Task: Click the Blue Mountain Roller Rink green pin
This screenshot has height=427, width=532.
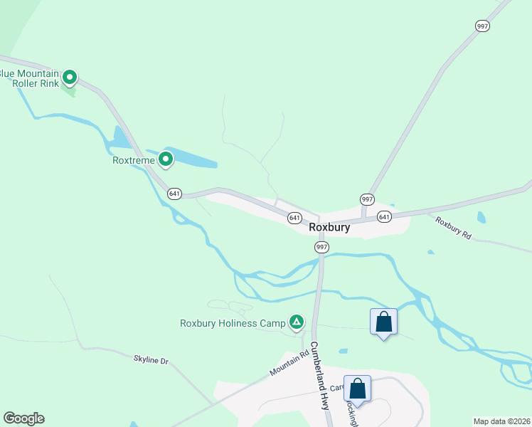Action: [x=70, y=76]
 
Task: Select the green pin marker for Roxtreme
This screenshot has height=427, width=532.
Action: [x=166, y=159]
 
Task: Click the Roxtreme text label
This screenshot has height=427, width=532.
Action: [x=134, y=160]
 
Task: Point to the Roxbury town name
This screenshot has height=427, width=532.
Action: [x=329, y=228]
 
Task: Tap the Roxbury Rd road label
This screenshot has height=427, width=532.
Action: [x=454, y=228]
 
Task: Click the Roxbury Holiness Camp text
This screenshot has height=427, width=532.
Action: [x=232, y=323]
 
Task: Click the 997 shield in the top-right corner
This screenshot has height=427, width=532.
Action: [x=482, y=26]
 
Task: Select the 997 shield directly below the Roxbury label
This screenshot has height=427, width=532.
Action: [x=321, y=246]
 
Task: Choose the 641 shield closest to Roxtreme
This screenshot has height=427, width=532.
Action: [x=175, y=193]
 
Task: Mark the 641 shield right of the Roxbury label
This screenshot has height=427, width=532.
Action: [x=384, y=216]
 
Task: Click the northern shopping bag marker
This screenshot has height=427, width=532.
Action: [x=384, y=322]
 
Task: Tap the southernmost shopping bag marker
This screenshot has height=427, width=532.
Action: [x=357, y=389]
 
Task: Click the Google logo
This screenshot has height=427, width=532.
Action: [x=23, y=418]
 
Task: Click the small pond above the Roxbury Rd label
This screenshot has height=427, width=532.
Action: [x=482, y=217]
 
